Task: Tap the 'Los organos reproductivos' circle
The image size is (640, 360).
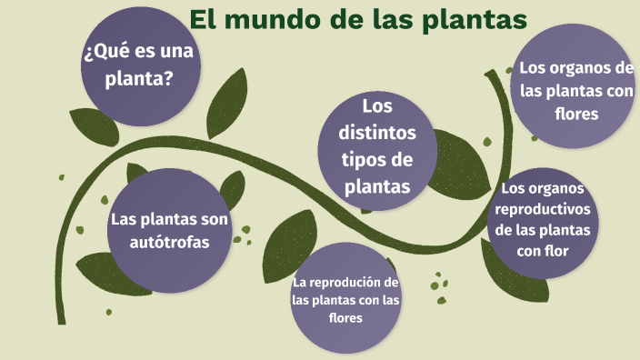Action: click(543, 220)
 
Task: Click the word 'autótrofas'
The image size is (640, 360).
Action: click(170, 242)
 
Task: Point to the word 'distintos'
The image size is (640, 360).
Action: click(376, 133)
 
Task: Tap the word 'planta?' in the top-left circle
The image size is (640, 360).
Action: click(139, 79)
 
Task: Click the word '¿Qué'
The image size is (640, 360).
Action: click(104, 53)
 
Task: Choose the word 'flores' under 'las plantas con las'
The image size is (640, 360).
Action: click(345, 317)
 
